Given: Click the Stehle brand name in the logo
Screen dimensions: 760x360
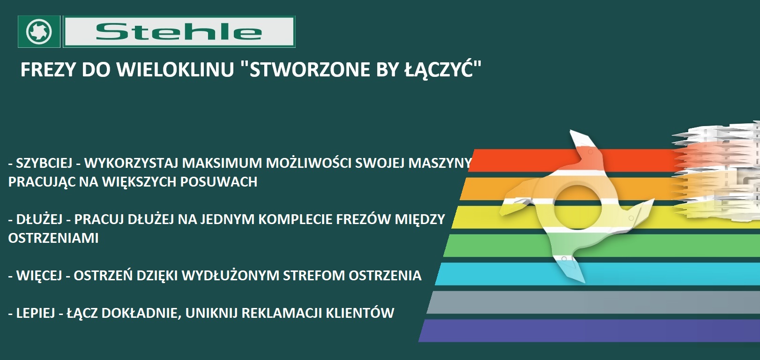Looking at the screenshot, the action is [179, 32].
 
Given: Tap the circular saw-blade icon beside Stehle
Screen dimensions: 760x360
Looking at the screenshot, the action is [39, 31].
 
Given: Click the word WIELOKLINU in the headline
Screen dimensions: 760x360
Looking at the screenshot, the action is [175, 69].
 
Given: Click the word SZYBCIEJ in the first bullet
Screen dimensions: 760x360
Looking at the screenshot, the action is [45, 163].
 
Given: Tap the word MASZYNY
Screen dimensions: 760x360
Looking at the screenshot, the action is [440, 163].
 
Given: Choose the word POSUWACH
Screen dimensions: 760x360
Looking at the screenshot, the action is [218, 182].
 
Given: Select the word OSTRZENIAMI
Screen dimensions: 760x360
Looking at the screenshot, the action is [53, 238].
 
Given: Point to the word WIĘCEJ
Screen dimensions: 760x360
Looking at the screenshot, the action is [39, 276].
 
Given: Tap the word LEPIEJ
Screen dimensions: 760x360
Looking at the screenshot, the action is [36, 313].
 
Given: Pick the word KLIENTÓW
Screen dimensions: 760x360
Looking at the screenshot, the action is [360, 312].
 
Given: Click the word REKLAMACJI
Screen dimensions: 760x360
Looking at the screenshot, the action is [282, 313].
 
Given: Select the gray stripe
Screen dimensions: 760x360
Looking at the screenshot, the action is [594, 302].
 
